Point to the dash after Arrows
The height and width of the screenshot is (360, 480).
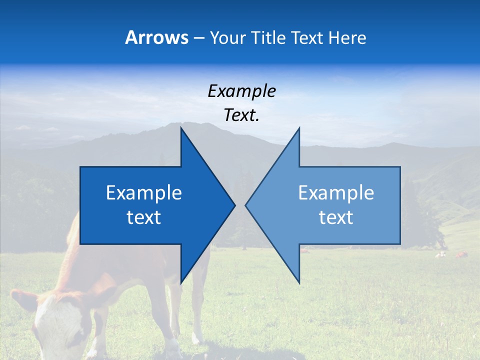[198, 38]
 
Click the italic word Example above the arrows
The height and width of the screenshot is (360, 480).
[241, 91]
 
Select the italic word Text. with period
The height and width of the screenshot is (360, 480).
[241, 115]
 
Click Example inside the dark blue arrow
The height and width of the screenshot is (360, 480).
[144, 193]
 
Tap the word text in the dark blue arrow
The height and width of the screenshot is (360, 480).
[144, 217]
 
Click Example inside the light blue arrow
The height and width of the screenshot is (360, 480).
[336, 193]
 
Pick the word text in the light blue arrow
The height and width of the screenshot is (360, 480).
[336, 217]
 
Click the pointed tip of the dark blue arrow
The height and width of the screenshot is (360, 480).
[234, 205]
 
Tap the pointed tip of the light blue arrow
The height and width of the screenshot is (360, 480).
[246, 205]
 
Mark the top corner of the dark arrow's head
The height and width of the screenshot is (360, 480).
[181, 128]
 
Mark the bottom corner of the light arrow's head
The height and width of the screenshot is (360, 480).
[299, 283]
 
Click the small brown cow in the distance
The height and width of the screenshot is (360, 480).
[460, 255]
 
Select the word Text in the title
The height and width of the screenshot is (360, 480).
[306, 37]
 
